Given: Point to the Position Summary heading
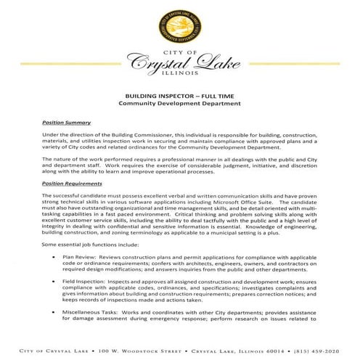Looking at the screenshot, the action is (65, 123).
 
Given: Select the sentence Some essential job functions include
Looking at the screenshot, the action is (94, 244).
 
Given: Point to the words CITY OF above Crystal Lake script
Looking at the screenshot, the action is (179, 52).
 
